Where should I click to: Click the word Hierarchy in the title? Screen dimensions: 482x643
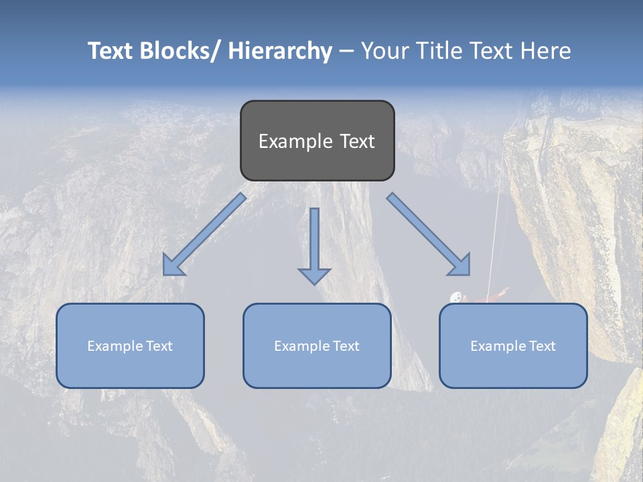coord(280,51)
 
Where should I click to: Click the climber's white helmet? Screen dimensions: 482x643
coord(456,297)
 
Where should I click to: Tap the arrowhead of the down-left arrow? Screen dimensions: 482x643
coord(173,266)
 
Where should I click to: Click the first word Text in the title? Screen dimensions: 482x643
coord(111,51)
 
